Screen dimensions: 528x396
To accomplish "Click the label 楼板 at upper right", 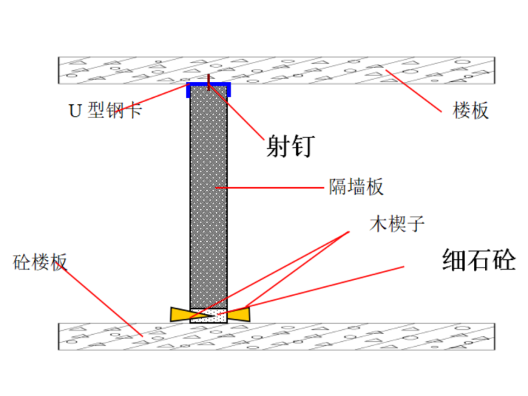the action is [470, 110].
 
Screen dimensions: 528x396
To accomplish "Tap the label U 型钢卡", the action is [105, 110].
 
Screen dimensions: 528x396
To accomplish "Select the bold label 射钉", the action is [290, 146].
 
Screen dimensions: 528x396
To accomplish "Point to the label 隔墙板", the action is [356, 187].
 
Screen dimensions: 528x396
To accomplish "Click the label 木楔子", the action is [397, 224].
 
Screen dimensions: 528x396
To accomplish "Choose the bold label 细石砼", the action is [479, 260].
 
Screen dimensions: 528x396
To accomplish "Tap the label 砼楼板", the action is [40, 262].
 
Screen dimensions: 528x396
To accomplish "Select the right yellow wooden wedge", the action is [238, 315].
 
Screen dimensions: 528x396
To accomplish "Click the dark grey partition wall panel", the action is [209, 197].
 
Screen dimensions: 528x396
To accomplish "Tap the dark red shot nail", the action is [209, 83].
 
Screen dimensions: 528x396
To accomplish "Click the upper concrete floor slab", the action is [277, 70].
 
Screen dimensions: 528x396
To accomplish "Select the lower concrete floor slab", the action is [277, 336].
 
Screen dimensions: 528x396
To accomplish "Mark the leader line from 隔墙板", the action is [270, 188].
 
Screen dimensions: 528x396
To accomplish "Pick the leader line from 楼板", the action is [413, 91].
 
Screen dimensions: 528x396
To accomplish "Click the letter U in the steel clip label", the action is [75, 110].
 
